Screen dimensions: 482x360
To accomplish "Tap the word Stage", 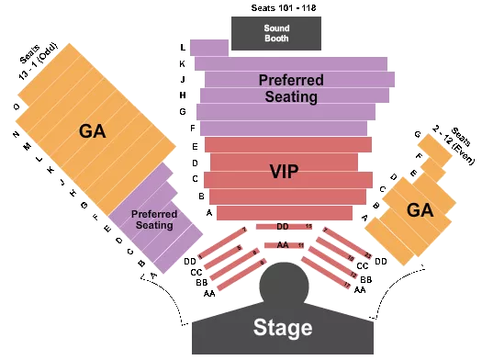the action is coord(283,328).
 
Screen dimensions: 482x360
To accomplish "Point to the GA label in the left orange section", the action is coord(93,131).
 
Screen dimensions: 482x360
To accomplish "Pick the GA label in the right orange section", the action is coord(420,209).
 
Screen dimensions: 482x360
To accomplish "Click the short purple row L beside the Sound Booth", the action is coord(210,48).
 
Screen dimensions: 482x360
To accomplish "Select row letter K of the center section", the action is coord(183,64).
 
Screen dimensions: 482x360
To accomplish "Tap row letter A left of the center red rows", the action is coord(209,213).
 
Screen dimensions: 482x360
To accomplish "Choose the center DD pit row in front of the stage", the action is coord(283,226).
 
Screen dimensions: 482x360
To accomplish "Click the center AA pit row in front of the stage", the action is coord(283,245).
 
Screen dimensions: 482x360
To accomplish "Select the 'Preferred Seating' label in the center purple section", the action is coord(288,88).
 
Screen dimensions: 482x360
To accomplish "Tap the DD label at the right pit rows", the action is coord(381,262).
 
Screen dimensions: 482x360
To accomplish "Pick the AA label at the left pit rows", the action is coord(209,293).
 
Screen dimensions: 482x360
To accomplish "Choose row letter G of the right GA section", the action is coord(417,135).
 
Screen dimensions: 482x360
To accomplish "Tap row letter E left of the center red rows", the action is coord(196,146).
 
